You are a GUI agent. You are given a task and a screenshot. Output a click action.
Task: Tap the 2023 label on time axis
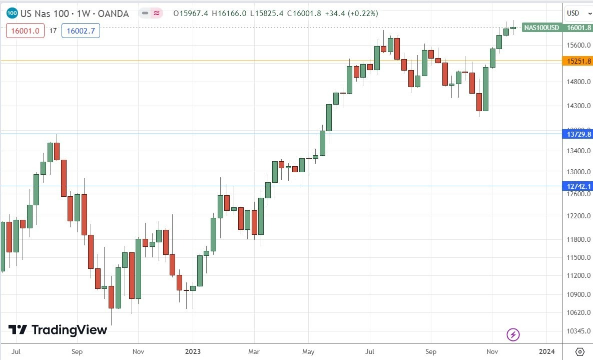coord(192,351)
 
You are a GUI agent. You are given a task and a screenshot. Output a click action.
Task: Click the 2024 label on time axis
coord(547,351)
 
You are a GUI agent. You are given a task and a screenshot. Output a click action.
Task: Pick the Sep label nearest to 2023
coord(77,351)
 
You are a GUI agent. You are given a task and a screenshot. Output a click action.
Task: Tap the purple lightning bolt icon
coord(513,334)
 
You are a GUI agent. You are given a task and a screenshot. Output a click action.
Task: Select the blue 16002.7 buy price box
coord(81,31)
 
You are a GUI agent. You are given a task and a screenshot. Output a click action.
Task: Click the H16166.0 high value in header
coord(226,14)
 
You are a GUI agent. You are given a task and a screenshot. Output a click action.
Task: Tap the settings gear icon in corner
coord(579,351)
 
